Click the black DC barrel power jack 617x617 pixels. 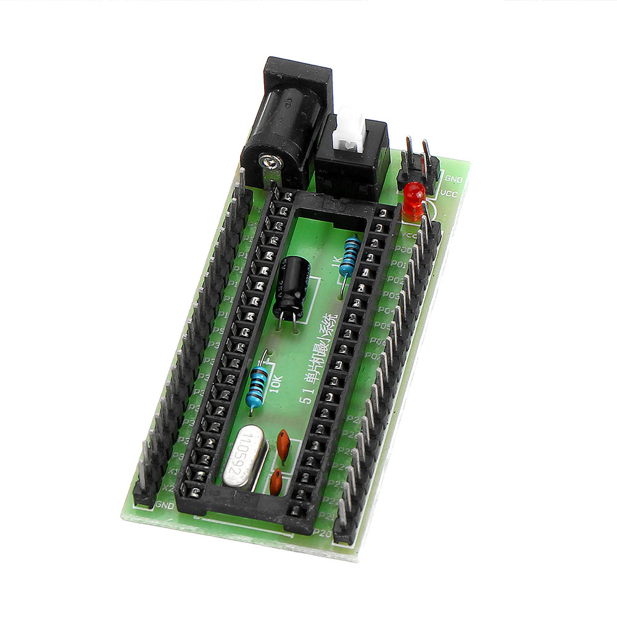click(285, 123)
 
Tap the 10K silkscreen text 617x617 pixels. click(276, 383)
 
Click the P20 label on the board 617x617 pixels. click(323, 532)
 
